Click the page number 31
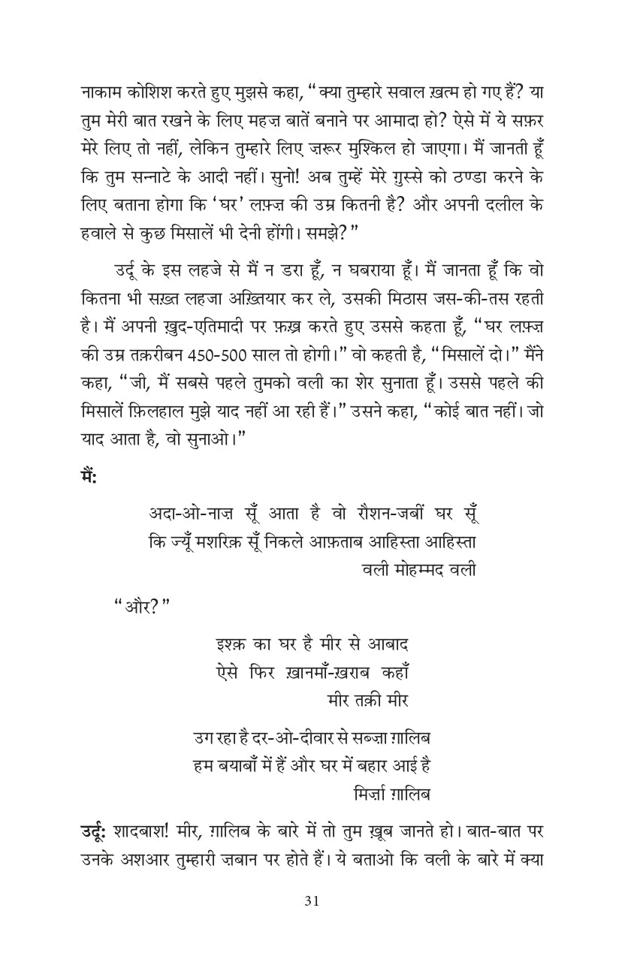point(312,902)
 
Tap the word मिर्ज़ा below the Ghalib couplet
point(373,794)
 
